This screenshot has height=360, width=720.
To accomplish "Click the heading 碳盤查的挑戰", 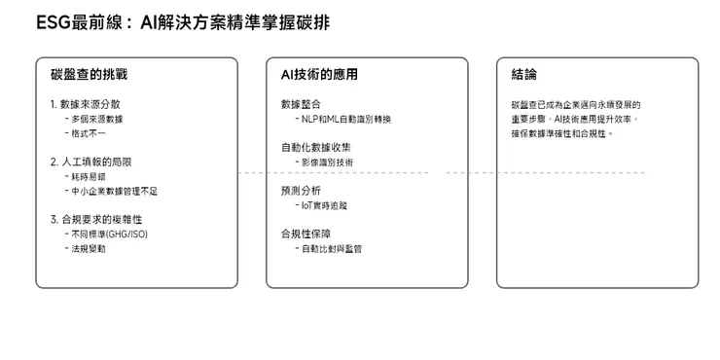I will (90, 75).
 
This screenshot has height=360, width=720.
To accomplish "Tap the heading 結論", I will (523, 75).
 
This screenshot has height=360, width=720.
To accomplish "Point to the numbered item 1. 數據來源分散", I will (90, 104).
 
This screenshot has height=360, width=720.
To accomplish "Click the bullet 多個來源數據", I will (98, 119).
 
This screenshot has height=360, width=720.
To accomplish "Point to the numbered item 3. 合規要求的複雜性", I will (100, 220).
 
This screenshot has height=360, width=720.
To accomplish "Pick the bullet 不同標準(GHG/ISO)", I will (108, 234).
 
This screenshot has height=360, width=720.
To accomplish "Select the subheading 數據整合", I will (301, 104).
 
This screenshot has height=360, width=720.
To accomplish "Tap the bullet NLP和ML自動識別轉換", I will (346, 119).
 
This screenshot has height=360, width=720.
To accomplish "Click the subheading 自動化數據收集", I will (316, 147).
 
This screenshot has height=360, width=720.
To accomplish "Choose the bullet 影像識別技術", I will (328, 162).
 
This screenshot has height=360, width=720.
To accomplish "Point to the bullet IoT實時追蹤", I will (324, 205).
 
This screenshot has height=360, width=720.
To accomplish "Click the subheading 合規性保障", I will (306, 234).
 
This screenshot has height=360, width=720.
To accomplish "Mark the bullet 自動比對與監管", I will (332, 249).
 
